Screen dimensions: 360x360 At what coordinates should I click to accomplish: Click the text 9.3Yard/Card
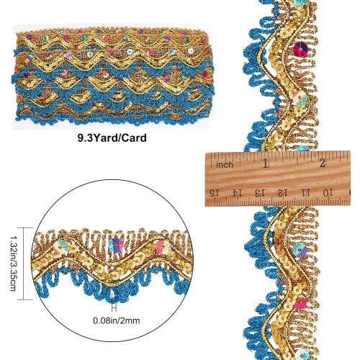pos(112,138)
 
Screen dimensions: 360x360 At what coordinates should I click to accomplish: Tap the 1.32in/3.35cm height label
pos(13,264)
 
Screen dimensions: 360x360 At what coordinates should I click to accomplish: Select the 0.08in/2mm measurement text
pos(117,320)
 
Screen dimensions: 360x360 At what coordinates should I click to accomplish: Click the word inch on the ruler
pos(225,165)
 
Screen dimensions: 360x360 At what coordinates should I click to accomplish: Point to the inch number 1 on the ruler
pos(266,163)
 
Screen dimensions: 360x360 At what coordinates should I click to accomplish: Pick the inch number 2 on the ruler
pos(323,163)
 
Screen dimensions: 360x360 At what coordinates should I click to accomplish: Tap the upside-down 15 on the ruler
pos(215,192)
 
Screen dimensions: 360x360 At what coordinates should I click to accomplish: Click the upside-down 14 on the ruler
pos(237,193)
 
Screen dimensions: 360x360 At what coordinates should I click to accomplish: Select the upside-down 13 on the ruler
pos(260,193)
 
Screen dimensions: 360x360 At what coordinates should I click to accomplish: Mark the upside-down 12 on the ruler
pos(282,193)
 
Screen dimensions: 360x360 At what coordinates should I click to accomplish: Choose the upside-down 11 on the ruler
pos(305,192)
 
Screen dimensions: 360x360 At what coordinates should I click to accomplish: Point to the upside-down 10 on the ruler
pos(328,192)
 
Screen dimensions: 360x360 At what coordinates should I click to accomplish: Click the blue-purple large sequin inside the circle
pos(116,246)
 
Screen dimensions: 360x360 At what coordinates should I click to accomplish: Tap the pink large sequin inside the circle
pos(163,247)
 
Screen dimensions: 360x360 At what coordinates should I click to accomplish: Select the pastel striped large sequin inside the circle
pos(60,247)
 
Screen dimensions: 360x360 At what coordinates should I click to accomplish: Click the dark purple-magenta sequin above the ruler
pos(300,49)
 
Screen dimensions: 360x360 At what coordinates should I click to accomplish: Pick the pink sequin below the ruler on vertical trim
pos(300,303)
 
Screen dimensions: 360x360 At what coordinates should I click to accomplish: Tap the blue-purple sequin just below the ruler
pos(300,250)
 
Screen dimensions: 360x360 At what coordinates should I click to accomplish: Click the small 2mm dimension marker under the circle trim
pos(114,307)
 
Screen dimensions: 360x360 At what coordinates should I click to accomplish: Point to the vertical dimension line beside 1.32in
pos(24,264)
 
